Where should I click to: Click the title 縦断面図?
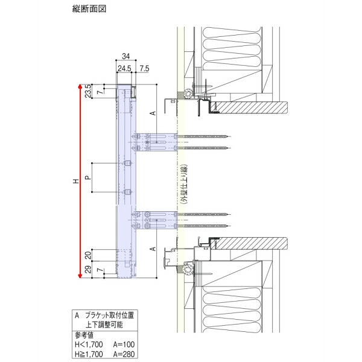[x=89, y=9]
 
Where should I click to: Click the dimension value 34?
[x=126, y=56]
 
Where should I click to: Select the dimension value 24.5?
[x=124, y=69]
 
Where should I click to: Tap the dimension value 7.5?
[x=144, y=69]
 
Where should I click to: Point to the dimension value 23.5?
[x=88, y=91]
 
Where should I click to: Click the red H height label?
[x=76, y=181]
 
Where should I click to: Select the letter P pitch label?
[x=87, y=177]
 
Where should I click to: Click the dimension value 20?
[x=88, y=255]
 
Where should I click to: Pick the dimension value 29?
[x=88, y=270]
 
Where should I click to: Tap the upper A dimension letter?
[x=153, y=113]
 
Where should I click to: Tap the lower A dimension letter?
[x=153, y=249]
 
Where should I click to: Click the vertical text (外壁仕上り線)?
[x=184, y=184]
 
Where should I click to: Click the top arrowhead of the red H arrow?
[x=80, y=86]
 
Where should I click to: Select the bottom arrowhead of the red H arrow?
[x=80, y=276]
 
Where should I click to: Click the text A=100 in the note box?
[x=124, y=345]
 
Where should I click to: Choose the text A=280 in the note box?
[x=124, y=354]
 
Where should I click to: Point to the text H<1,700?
[x=89, y=345]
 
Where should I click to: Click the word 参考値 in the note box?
[x=84, y=335]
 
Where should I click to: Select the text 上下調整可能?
[x=104, y=325]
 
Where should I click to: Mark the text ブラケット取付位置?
[x=109, y=315]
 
